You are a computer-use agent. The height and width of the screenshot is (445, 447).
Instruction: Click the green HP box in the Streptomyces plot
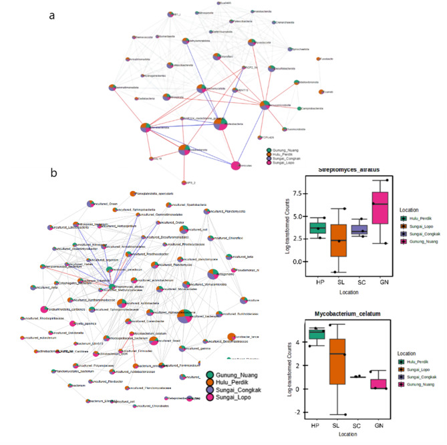point(317,228)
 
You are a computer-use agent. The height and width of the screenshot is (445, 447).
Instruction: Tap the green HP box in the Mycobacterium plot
point(317,334)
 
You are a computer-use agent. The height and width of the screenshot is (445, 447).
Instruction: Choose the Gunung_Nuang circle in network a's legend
point(269,150)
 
